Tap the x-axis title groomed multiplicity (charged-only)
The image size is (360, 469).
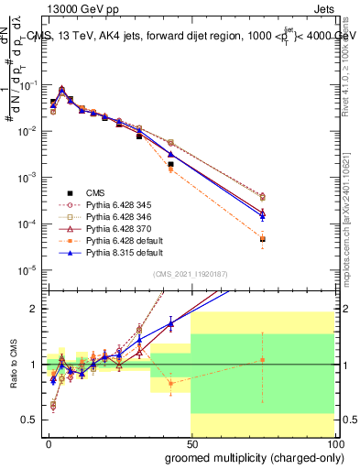click(x=250, y=457)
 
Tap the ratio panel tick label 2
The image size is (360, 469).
click(x=37, y=309)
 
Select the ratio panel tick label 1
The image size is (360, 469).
click(x=37, y=365)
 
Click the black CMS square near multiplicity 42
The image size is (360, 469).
click(x=170, y=165)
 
